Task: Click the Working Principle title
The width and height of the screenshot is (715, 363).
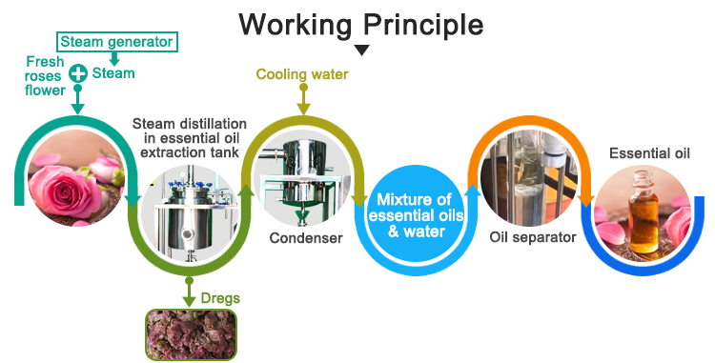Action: (x=360, y=24)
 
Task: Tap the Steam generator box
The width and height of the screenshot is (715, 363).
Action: (x=116, y=42)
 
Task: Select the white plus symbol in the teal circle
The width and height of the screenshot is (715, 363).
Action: (x=78, y=72)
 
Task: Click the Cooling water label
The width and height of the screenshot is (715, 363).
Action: (x=302, y=74)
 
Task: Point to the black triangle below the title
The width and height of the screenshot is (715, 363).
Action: (x=361, y=50)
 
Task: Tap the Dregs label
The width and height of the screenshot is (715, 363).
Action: (x=220, y=299)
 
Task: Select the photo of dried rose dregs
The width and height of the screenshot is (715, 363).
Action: (x=191, y=334)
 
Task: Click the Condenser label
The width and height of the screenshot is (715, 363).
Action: (x=305, y=238)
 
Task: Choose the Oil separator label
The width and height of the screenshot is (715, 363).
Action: (x=533, y=237)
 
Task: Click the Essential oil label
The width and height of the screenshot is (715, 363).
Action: (x=649, y=153)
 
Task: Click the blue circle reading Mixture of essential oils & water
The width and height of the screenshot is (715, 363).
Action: (x=416, y=215)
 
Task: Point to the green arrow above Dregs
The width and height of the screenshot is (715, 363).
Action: (x=190, y=292)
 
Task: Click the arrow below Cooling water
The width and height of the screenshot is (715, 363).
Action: (x=303, y=99)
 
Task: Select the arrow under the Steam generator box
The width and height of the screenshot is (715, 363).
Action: (x=114, y=58)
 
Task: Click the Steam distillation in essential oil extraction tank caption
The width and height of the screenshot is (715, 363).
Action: (x=190, y=138)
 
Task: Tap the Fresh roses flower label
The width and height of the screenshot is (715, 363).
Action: (x=45, y=75)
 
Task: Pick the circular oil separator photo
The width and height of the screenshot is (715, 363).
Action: (x=530, y=177)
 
